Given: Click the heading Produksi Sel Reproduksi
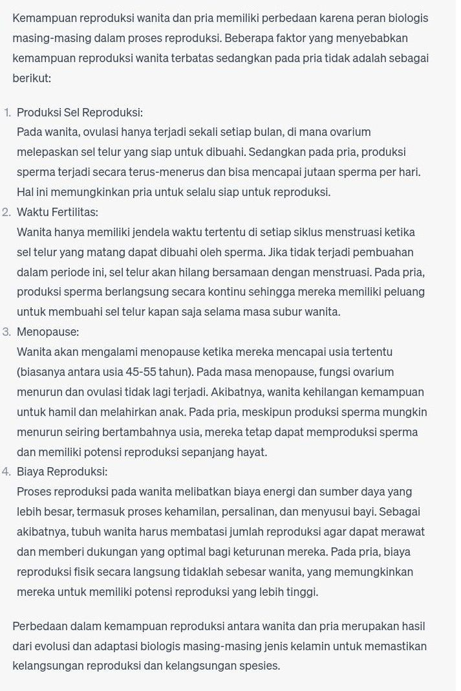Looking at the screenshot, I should tap(80, 112).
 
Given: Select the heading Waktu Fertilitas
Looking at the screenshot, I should tap(58, 212).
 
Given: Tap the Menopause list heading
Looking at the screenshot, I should tap(48, 332).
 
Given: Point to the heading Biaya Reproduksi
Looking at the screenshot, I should tap(62, 472).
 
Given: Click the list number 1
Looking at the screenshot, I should tap(7, 112).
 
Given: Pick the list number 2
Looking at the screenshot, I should tap(6, 212).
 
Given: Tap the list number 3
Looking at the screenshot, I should tap(6, 332).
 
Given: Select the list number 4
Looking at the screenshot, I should tap(6, 472).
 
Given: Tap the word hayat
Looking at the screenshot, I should tap(251, 452).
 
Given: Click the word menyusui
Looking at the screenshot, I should tap(321, 512).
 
